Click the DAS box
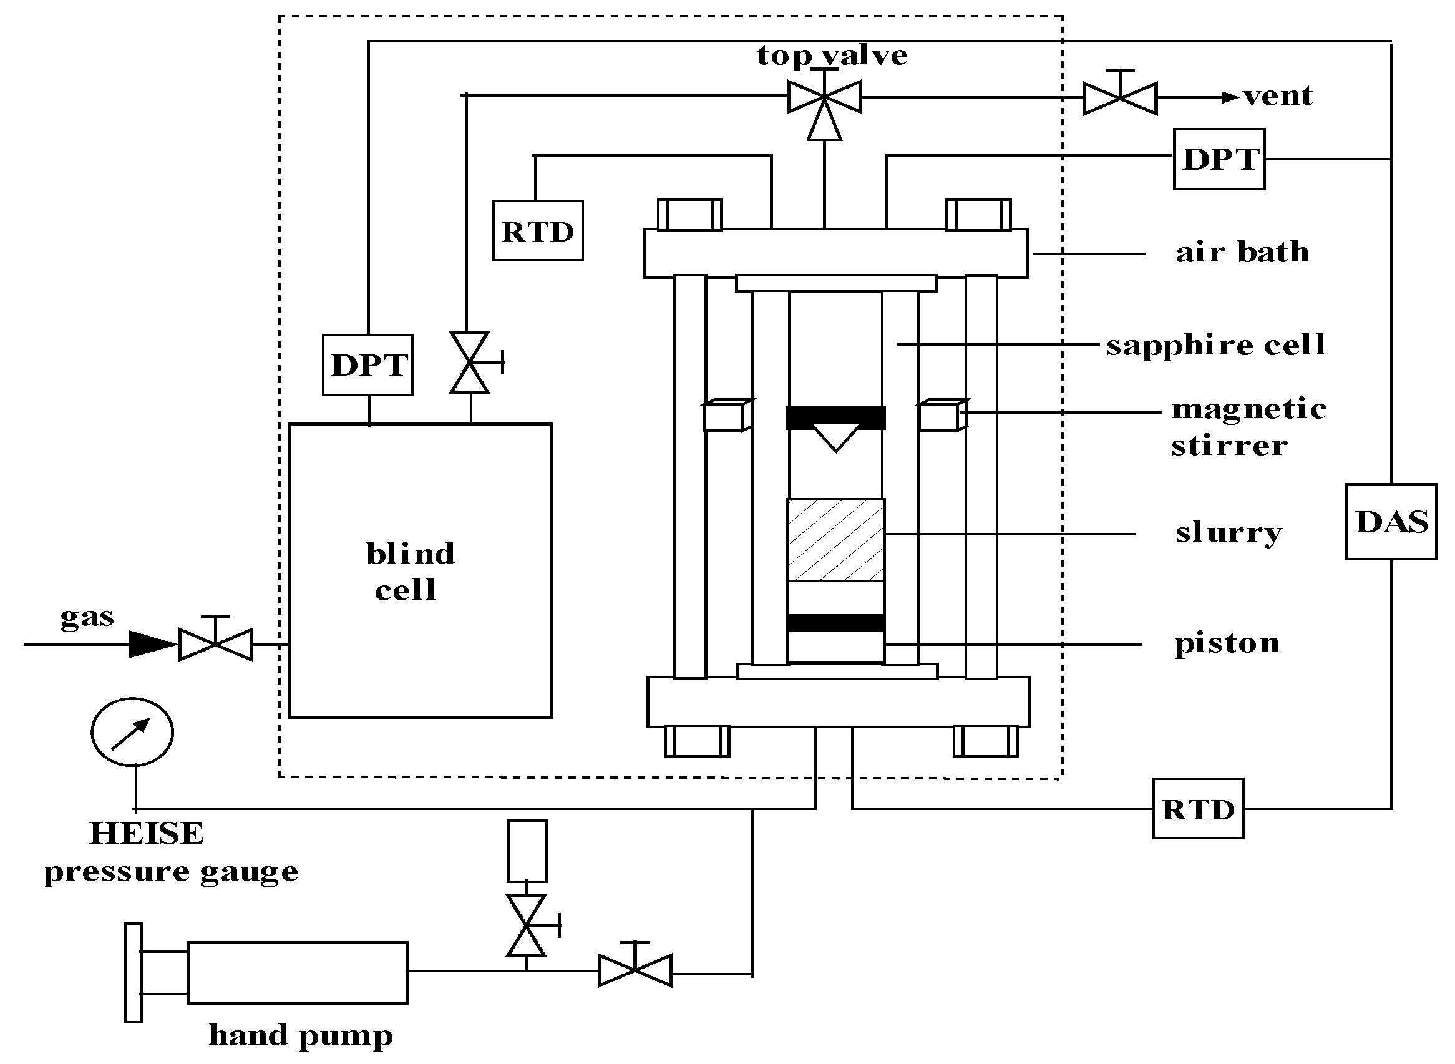(1390, 522)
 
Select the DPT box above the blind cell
(367, 365)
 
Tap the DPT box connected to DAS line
(1218, 159)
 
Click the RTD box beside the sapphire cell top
(537, 230)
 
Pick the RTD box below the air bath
(1197, 809)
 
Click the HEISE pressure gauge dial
(132, 731)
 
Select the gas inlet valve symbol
(216, 644)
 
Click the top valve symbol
(824, 99)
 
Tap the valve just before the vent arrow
(1119, 98)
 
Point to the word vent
(1277, 97)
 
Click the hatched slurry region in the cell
(835, 540)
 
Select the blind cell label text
(409, 571)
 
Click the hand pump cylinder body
(297, 972)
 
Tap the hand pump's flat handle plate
(134, 972)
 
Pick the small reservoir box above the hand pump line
(527, 851)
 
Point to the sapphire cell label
(1215, 345)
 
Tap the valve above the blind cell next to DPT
(470, 363)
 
